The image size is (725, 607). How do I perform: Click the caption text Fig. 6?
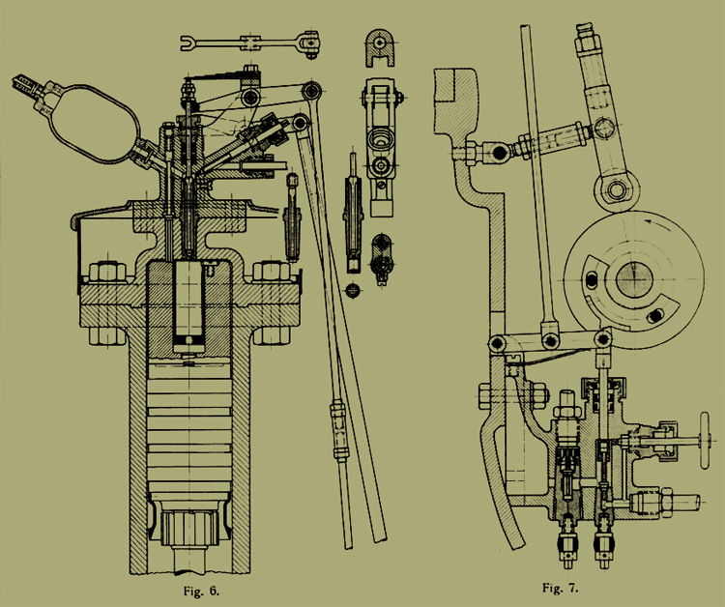click(201, 591)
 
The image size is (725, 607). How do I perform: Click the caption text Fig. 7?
click(561, 588)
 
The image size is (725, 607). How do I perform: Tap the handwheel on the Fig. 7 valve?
click(704, 440)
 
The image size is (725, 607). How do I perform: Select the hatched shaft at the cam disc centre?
click(634, 278)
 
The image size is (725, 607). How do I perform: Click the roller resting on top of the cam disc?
click(617, 189)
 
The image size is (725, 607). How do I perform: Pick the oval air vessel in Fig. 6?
click(94, 124)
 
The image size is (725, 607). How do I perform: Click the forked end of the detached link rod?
click(188, 43)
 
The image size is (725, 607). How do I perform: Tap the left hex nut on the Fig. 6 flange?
click(106, 272)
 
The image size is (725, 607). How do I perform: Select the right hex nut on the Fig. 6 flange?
click(272, 272)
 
